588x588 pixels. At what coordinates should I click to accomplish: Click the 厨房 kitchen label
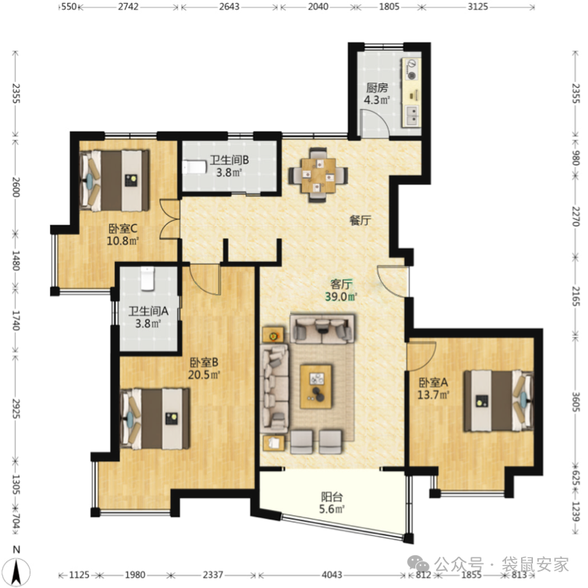[x=377, y=88]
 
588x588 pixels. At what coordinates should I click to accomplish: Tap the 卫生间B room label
[x=229, y=160]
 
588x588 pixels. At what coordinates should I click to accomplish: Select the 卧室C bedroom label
[x=123, y=229]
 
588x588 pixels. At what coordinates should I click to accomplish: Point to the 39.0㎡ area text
[x=341, y=297]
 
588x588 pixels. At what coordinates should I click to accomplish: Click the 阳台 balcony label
[x=332, y=497]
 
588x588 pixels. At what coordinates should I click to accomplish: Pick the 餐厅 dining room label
[x=360, y=220]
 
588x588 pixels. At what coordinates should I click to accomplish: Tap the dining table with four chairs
[x=318, y=175]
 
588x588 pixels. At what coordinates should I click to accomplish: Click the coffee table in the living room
[x=316, y=386]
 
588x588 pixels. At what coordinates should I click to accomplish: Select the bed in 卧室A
[x=498, y=401]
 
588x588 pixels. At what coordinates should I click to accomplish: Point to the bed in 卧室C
[x=115, y=180]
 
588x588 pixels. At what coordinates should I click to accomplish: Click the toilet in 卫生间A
[x=148, y=278]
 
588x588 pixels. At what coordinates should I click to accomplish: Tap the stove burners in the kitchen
[x=412, y=69]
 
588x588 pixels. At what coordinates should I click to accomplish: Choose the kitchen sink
[x=412, y=115]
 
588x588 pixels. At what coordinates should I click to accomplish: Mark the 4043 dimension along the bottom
[x=332, y=575]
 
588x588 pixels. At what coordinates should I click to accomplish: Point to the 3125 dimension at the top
[x=478, y=7]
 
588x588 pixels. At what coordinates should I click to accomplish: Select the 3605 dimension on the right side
[x=575, y=402]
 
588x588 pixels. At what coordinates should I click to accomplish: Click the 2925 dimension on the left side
[x=16, y=409]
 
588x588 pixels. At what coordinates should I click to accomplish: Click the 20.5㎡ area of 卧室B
[x=204, y=374]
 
